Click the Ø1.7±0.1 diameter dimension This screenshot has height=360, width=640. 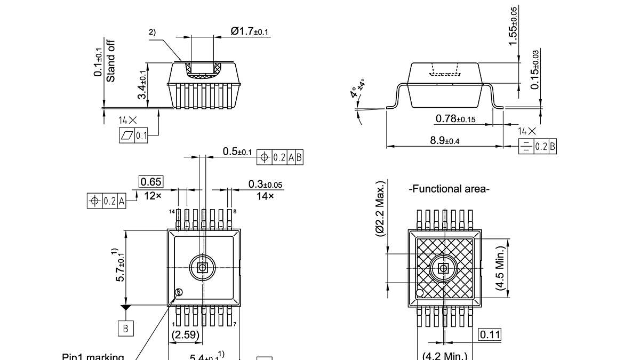[250, 31]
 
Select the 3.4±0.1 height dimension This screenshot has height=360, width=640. [142, 85]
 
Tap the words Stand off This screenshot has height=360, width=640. [111, 61]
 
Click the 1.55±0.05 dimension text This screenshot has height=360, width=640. [513, 26]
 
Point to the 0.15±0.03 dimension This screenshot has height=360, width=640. [535, 69]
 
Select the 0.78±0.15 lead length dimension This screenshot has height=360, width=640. [455, 118]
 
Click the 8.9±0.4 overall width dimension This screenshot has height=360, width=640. [445, 140]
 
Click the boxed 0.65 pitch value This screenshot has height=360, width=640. [151, 182]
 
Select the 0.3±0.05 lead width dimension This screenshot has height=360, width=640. [265, 185]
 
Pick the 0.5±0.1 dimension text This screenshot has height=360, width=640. [237, 152]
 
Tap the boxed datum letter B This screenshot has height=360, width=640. [125, 328]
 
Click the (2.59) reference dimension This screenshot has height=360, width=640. [186, 335]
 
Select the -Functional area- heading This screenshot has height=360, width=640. [449, 189]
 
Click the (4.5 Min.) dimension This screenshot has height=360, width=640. [500, 268]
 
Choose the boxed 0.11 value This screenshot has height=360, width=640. [490, 334]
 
